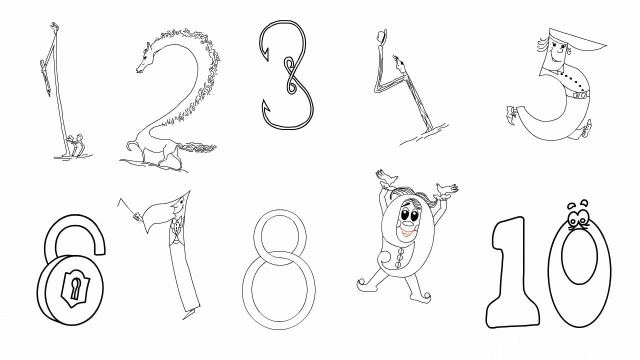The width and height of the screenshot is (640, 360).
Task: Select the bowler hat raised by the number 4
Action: tap(381, 36)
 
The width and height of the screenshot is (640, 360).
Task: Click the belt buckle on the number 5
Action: tap(582, 94)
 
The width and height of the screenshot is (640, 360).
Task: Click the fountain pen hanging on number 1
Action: tap(45, 77)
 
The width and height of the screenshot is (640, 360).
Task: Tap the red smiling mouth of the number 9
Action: tap(408, 231)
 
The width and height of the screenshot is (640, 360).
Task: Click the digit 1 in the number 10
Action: tap(511, 274)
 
